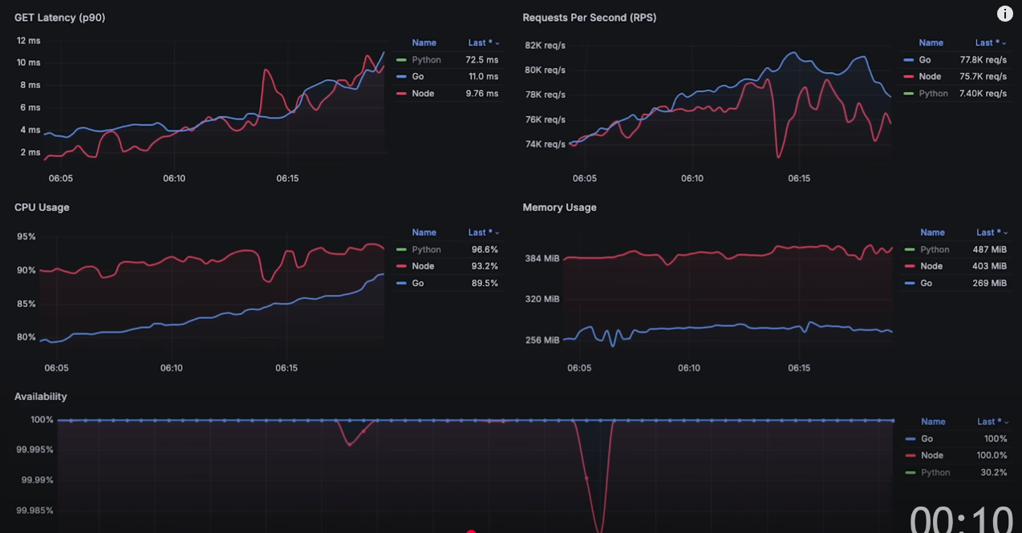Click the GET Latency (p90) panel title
click(x=59, y=18)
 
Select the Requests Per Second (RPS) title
click(x=589, y=18)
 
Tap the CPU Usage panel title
click(x=42, y=207)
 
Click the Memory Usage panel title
click(x=559, y=207)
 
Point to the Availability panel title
click(x=40, y=396)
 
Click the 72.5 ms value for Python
click(x=481, y=60)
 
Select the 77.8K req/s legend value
click(x=983, y=60)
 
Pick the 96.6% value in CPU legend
click(x=485, y=249)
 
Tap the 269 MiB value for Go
click(x=991, y=283)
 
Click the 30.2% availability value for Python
click(x=993, y=472)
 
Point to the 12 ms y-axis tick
click(x=28, y=40)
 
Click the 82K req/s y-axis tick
click(x=545, y=45)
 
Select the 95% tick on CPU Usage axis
click(x=26, y=236)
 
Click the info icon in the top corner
click(x=1004, y=14)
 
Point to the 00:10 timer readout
click(x=960, y=519)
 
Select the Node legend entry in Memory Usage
click(x=931, y=266)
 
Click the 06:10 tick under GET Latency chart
click(x=174, y=179)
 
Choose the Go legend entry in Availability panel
click(x=927, y=438)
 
